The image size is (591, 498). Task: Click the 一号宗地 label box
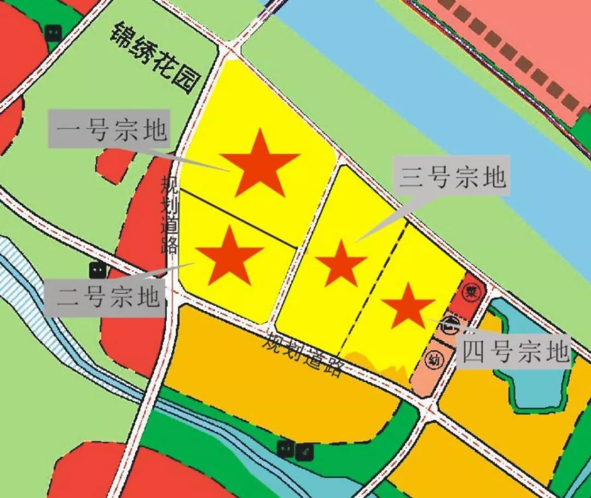[x=109, y=129]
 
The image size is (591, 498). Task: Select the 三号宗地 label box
[x=453, y=176]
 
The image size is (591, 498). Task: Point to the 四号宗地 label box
[x=514, y=350]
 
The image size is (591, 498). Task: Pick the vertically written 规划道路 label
[x=169, y=214]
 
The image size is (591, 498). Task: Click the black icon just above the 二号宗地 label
[x=98, y=269]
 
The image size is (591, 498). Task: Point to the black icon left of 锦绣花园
[x=53, y=33]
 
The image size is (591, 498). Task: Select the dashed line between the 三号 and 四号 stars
[x=374, y=285]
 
